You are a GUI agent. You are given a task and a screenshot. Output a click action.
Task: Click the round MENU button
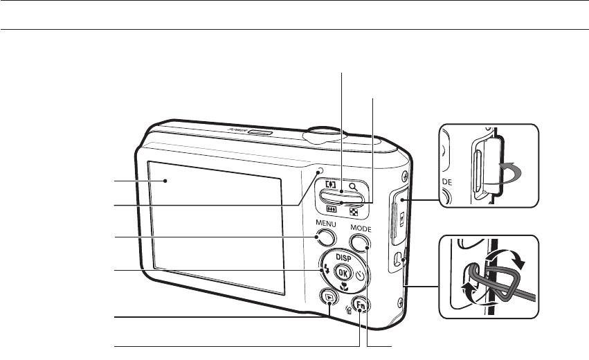tap(323, 238)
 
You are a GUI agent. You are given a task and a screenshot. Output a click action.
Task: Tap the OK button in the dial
tap(342, 273)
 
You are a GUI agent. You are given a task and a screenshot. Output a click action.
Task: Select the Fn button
tap(359, 304)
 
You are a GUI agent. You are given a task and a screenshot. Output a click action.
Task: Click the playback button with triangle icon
tap(327, 298)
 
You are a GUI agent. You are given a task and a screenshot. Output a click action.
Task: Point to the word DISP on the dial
tap(343, 256)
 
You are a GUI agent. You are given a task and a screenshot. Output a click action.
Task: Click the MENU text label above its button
tap(325, 224)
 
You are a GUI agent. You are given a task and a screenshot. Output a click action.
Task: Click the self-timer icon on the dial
tap(360, 275)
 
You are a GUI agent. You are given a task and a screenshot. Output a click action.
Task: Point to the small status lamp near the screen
tap(320, 171)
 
